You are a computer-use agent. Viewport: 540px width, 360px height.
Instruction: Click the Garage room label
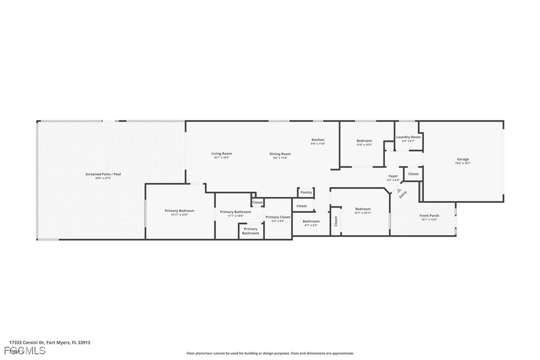463,159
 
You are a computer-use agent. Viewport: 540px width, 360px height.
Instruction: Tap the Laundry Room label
408,137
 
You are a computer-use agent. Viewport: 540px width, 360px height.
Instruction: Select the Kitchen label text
318,140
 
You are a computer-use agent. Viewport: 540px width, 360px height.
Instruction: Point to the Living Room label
221,153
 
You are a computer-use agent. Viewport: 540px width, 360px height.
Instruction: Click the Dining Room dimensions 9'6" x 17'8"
280,158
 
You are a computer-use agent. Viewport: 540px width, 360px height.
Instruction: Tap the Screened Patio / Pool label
103,174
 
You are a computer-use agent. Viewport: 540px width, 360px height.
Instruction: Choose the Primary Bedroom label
179,211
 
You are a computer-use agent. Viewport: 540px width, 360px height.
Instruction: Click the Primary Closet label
278,217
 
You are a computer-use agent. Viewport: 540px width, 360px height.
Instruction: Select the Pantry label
306,192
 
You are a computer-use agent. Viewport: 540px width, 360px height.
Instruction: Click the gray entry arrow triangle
399,191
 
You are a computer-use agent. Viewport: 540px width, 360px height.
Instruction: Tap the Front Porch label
429,216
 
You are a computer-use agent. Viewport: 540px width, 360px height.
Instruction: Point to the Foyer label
393,176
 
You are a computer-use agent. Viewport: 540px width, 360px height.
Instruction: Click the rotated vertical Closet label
336,221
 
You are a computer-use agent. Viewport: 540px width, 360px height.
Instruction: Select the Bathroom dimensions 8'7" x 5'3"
311,225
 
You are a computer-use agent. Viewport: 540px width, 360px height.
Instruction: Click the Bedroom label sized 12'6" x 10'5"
364,141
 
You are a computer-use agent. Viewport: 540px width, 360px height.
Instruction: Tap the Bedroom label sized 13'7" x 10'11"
363,209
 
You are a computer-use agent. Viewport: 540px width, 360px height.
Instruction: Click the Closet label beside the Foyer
413,174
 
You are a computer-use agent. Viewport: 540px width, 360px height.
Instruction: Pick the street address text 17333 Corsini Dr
27,342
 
